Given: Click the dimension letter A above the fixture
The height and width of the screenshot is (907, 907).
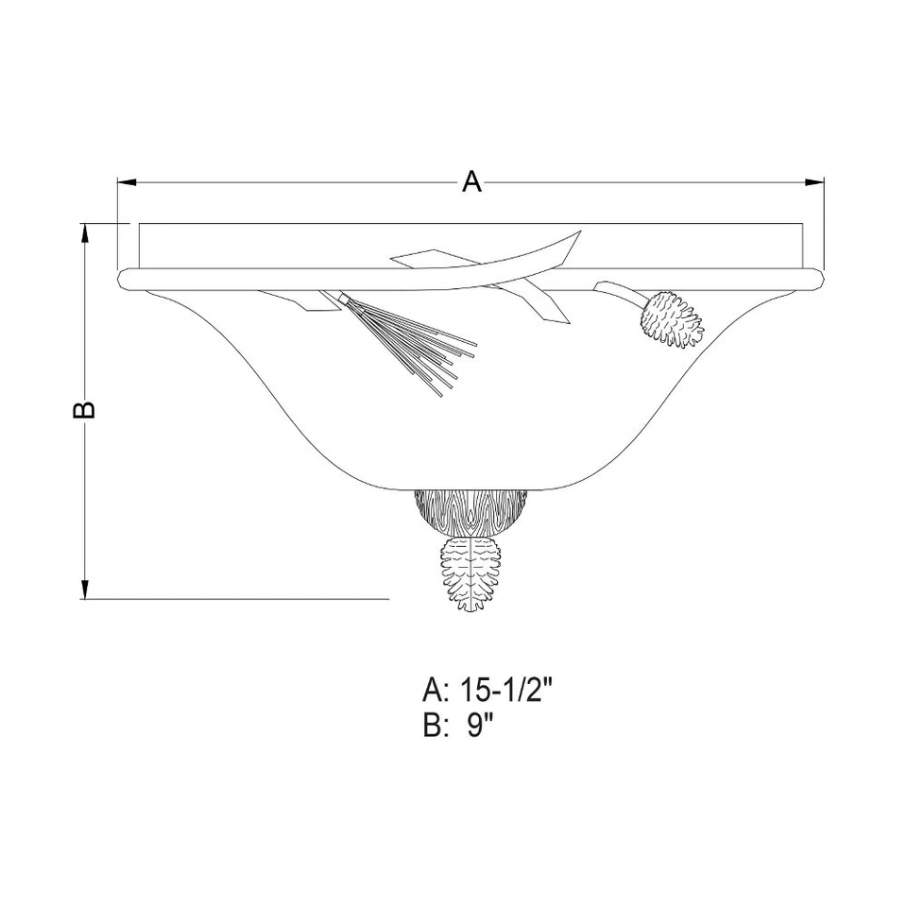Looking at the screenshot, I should pos(471,181).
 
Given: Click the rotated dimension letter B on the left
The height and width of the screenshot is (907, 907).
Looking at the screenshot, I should pos(85,407).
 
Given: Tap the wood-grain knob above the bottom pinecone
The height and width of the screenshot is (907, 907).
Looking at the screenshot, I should pos(472,511).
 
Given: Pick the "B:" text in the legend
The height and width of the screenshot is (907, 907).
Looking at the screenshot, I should pos(436,727).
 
